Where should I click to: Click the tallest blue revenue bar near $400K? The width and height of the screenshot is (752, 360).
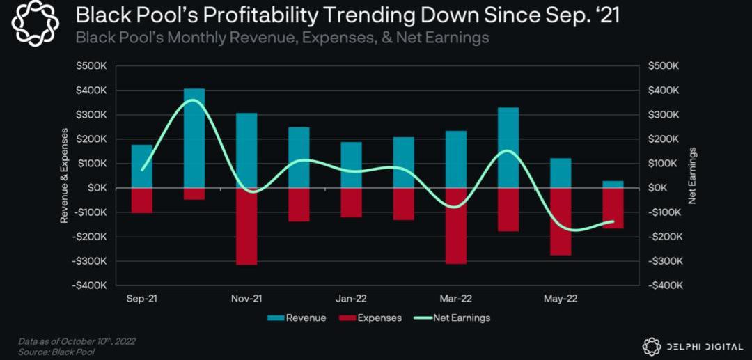194,138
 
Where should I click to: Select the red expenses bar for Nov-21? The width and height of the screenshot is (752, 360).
246,226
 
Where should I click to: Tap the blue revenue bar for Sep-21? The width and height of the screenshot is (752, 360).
142,166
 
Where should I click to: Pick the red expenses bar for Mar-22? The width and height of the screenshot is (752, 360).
456,226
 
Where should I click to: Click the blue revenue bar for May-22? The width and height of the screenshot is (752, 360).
561,173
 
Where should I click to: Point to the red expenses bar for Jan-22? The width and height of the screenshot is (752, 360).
351,203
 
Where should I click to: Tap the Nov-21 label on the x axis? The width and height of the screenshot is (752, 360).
246,299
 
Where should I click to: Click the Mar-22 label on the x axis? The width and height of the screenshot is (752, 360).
456,299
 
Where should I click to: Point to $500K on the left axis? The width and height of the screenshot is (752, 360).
91,65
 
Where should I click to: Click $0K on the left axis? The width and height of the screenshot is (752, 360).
96,188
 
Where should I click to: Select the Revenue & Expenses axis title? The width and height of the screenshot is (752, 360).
64,175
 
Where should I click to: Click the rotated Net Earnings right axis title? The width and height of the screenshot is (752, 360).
692,175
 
